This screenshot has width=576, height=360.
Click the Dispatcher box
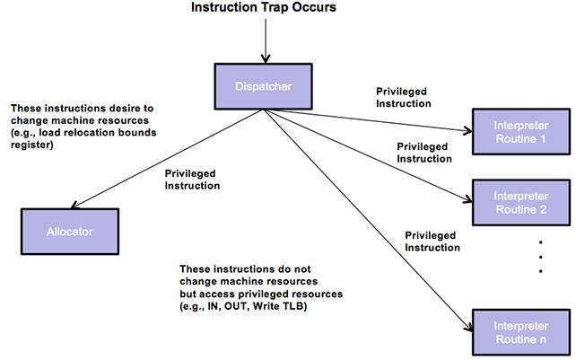264,86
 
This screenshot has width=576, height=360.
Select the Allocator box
70,232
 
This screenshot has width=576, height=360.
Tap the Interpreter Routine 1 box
521,132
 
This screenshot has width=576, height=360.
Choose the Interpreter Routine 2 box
521,203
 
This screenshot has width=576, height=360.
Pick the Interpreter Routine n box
521,332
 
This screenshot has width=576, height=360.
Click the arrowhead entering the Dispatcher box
266,59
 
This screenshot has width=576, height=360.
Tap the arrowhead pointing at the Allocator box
75,206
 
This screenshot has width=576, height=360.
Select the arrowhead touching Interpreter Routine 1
467,130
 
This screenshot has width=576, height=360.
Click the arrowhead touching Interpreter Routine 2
467,199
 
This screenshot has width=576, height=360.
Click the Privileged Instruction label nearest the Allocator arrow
192,180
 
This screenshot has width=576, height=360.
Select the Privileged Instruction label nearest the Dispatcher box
404,98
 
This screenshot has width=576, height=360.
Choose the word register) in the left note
32,145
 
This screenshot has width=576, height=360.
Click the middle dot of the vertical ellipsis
540,257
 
